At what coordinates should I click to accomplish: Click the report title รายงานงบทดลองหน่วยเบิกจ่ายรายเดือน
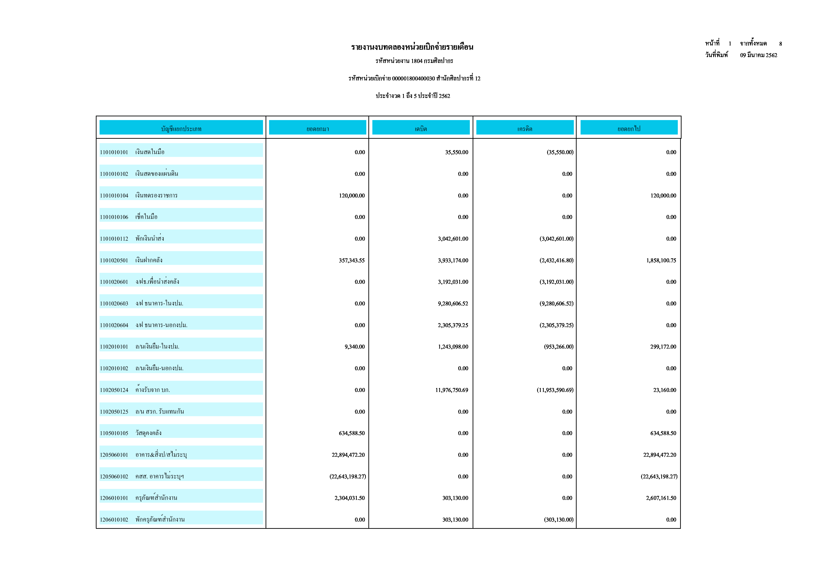click(x=412, y=47)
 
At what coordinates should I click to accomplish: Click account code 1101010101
click(x=114, y=152)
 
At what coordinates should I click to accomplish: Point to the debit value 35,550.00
click(x=457, y=152)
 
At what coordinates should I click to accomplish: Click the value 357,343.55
click(x=352, y=260)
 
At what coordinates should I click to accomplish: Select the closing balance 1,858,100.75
click(x=661, y=260)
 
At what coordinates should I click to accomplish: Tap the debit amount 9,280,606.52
click(x=453, y=304)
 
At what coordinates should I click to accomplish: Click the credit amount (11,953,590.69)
click(x=555, y=390)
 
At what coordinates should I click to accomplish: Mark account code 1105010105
click(x=114, y=433)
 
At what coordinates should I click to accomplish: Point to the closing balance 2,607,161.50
click(x=661, y=498)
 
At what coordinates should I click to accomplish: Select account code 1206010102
click(x=114, y=520)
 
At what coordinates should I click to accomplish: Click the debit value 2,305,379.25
click(x=453, y=325)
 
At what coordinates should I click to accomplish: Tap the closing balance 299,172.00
click(x=663, y=347)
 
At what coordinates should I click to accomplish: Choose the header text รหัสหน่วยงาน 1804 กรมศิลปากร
click(x=414, y=61)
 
